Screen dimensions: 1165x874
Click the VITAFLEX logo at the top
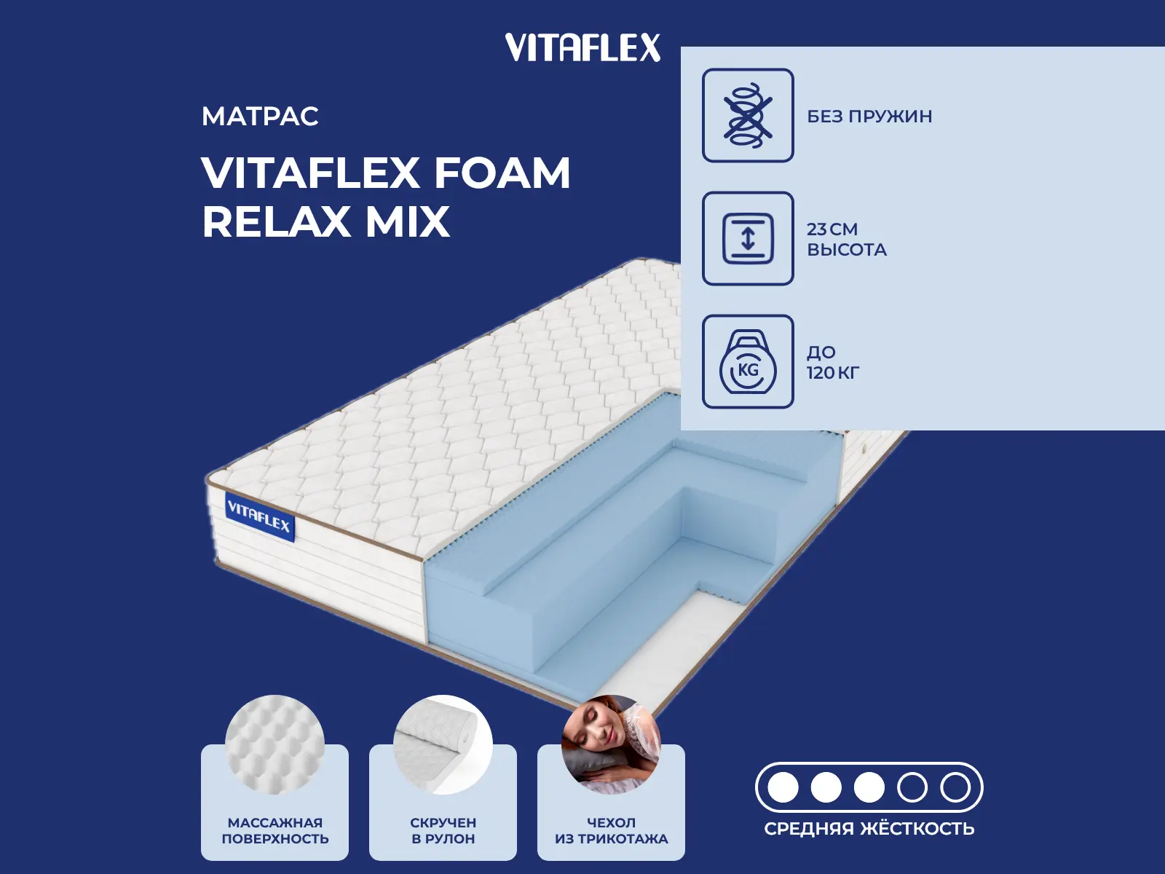point(582,47)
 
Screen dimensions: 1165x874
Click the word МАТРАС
point(260,117)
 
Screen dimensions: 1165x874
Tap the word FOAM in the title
point(502,173)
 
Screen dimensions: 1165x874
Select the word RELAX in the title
point(276,221)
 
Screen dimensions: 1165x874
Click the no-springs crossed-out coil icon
point(748,115)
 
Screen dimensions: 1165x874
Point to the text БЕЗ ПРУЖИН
point(869,117)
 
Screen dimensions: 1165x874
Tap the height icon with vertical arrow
point(748,238)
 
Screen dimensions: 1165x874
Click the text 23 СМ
point(832,229)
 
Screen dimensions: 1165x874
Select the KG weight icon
point(748,361)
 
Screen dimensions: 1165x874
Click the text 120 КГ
point(833,373)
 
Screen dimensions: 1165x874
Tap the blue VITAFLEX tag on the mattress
point(259,516)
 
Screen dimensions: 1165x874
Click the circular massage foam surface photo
point(275,744)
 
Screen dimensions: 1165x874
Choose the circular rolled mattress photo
point(443,744)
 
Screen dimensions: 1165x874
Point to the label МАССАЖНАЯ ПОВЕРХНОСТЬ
point(275,830)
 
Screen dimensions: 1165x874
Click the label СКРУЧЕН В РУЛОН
point(443,830)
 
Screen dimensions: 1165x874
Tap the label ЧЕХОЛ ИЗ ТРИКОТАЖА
point(611,830)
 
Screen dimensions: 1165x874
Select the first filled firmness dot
point(783,787)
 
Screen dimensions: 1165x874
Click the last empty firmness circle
point(955,787)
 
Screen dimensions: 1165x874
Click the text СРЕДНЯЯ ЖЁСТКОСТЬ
point(869,828)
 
